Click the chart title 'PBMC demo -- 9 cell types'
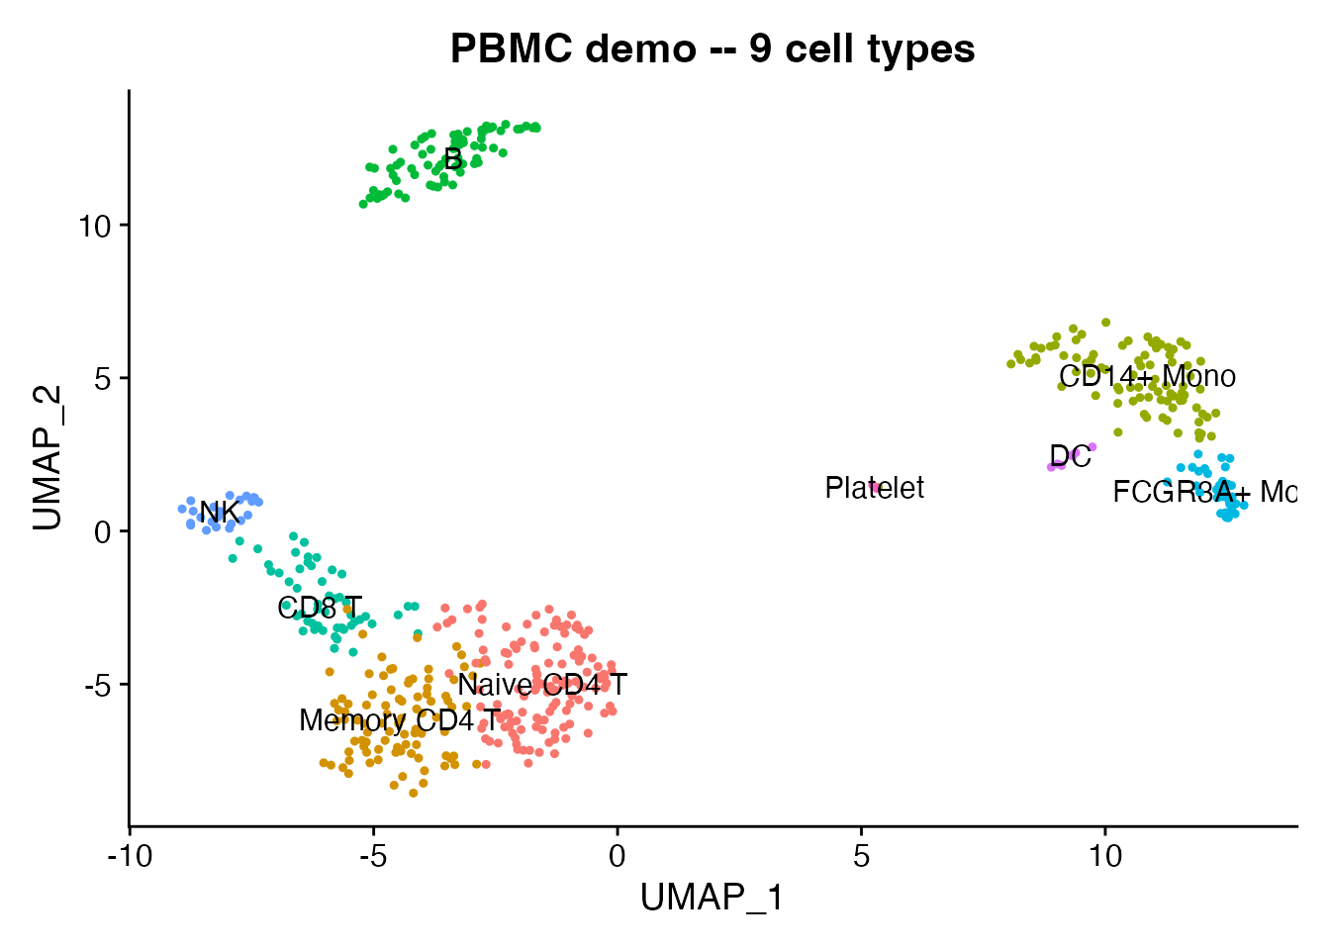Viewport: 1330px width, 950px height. click(712, 48)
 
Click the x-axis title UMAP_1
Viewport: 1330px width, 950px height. click(712, 898)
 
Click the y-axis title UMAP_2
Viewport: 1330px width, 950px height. click(47, 456)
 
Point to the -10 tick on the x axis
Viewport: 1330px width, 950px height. click(129, 855)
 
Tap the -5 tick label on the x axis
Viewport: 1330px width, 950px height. click(373, 855)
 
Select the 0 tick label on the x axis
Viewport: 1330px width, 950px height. click(617, 855)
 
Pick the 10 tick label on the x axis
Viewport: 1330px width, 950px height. click(1105, 855)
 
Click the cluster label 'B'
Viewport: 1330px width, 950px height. click(453, 158)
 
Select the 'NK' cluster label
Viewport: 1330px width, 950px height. click(219, 513)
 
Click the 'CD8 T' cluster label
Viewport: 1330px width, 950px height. click(320, 608)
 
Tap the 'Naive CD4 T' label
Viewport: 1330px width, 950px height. click(542, 685)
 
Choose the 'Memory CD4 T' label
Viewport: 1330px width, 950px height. click(400, 720)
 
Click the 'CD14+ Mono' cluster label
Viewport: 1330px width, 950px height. click(1147, 376)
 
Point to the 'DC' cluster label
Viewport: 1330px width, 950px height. click(1070, 456)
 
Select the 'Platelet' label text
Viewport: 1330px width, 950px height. click(874, 488)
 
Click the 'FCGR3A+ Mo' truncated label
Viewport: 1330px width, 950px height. click(1203, 492)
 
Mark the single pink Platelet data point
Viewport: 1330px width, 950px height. click(875, 487)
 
